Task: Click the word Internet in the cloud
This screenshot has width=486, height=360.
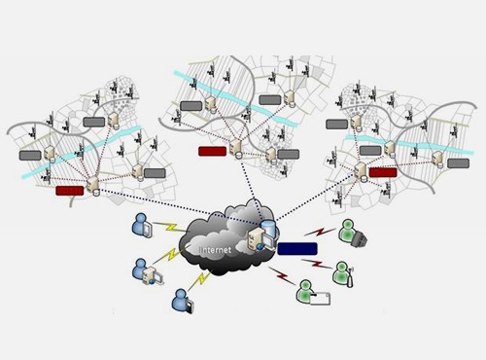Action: (216, 250)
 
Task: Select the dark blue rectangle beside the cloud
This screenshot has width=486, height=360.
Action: (297, 248)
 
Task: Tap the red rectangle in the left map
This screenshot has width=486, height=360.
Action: (70, 191)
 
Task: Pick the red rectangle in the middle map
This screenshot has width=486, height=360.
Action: (212, 151)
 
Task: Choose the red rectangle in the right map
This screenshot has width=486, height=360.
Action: (383, 172)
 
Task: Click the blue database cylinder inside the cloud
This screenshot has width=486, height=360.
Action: (269, 228)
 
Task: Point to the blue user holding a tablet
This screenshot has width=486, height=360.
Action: (142, 226)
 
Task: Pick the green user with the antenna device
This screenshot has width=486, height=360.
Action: (343, 274)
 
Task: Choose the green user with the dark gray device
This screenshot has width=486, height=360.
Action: (353, 233)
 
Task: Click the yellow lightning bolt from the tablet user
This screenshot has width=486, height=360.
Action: (169, 227)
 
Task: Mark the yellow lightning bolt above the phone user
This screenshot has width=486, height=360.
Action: (199, 280)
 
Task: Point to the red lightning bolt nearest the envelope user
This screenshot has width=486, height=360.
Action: (282, 275)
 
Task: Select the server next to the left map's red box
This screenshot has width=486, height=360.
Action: (93, 186)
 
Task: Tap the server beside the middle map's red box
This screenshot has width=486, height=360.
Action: (236, 149)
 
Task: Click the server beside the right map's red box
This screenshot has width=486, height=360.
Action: (361, 171)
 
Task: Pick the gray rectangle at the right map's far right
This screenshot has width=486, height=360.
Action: (458, 163)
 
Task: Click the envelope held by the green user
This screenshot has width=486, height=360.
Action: (321, 299)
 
